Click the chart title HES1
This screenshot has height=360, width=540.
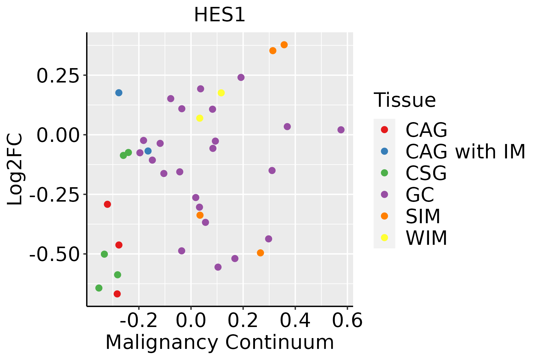220,15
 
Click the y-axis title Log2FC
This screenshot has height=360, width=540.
15,169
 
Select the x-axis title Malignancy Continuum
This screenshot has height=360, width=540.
220,342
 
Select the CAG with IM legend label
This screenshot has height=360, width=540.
465,151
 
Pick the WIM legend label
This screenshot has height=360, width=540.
426,238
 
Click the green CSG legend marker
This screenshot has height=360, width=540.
384,173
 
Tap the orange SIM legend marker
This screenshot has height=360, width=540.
384,216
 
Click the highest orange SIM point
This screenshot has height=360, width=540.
284,45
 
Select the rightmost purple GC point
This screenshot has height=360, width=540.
341,130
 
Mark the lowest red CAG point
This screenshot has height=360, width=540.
117,294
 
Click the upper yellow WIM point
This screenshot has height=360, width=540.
221,93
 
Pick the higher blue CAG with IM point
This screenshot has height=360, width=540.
119,93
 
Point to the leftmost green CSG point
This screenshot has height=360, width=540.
99,288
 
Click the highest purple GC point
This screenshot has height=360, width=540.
241,77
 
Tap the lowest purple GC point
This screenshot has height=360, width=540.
218,267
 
